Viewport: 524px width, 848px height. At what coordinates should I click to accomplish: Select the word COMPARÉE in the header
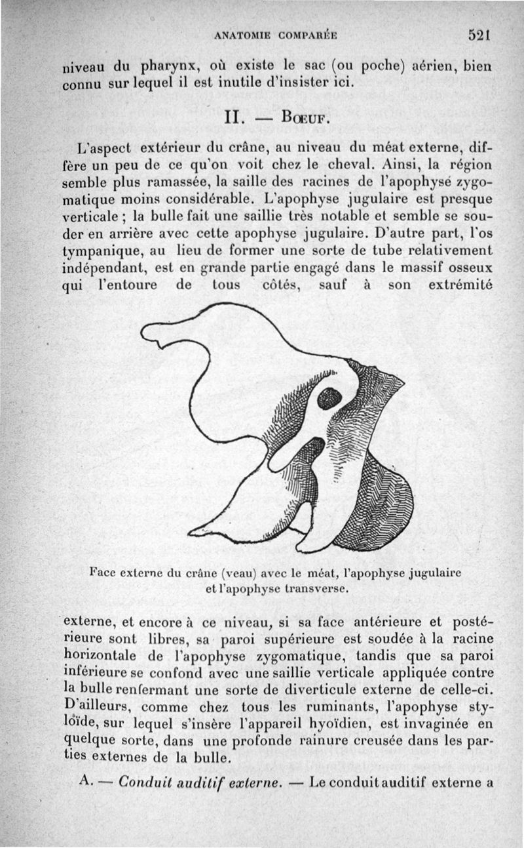pos(307,37)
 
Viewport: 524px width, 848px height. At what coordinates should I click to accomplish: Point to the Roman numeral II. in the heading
pos(233,121)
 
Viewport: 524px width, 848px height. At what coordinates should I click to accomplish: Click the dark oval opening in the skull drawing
pos(329,397)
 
